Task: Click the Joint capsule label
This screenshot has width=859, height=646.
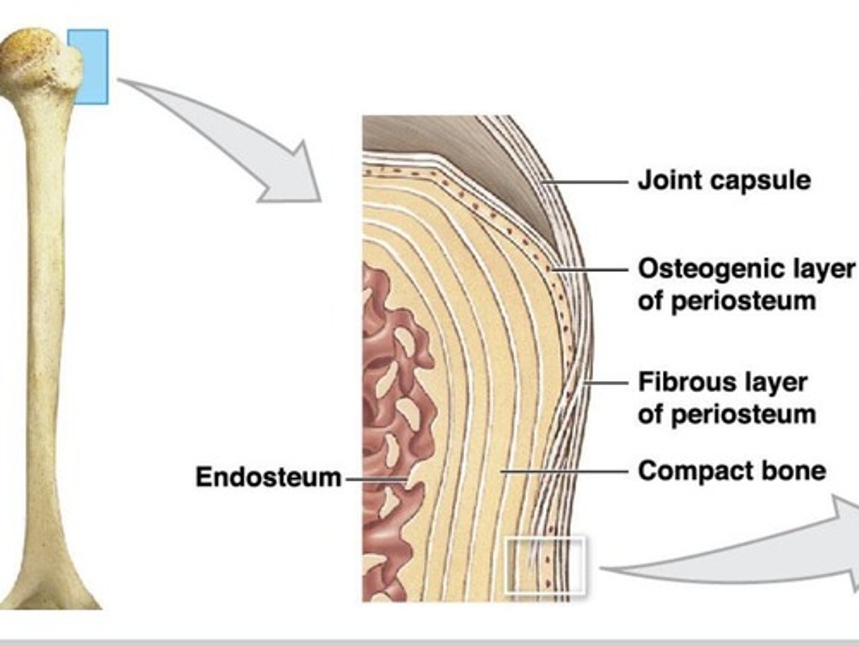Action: [724, 180]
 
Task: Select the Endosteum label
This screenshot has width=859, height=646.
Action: [268, 478]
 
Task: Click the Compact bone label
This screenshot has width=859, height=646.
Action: [731, 471]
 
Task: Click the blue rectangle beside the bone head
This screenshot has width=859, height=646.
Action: [88, 66]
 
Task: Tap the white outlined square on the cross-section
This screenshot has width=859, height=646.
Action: [545, 565]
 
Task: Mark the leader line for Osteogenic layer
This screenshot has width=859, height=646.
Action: [591, 270]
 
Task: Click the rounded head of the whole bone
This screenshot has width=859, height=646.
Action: [39, 57]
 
